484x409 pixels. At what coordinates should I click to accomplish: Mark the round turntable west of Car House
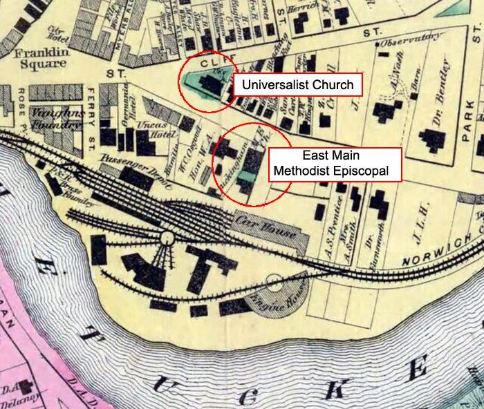[167, 238]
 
